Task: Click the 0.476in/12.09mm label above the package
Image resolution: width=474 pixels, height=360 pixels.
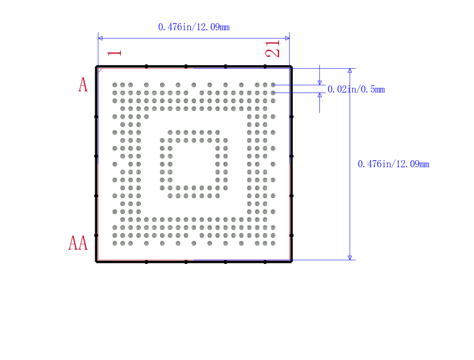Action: (x=194, y=27)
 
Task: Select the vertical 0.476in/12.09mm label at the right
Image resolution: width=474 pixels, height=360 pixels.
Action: (x=393, y=164)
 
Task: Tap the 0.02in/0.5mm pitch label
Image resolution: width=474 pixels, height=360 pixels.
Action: (x=356, y=89)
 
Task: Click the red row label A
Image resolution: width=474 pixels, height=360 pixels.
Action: (x=83, y=84)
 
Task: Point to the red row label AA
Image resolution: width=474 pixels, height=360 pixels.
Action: (x=78, y=243)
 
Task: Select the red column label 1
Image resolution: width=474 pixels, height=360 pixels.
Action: (x=114, y=53)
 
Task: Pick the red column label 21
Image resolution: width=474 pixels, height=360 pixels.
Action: (x=273, y=49)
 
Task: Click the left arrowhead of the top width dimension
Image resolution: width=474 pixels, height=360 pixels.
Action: (x=100, y=38)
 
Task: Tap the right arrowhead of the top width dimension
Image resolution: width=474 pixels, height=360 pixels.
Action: (x=287, y=38)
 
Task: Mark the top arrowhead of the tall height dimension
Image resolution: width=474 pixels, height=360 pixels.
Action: (x=350, y=71)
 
